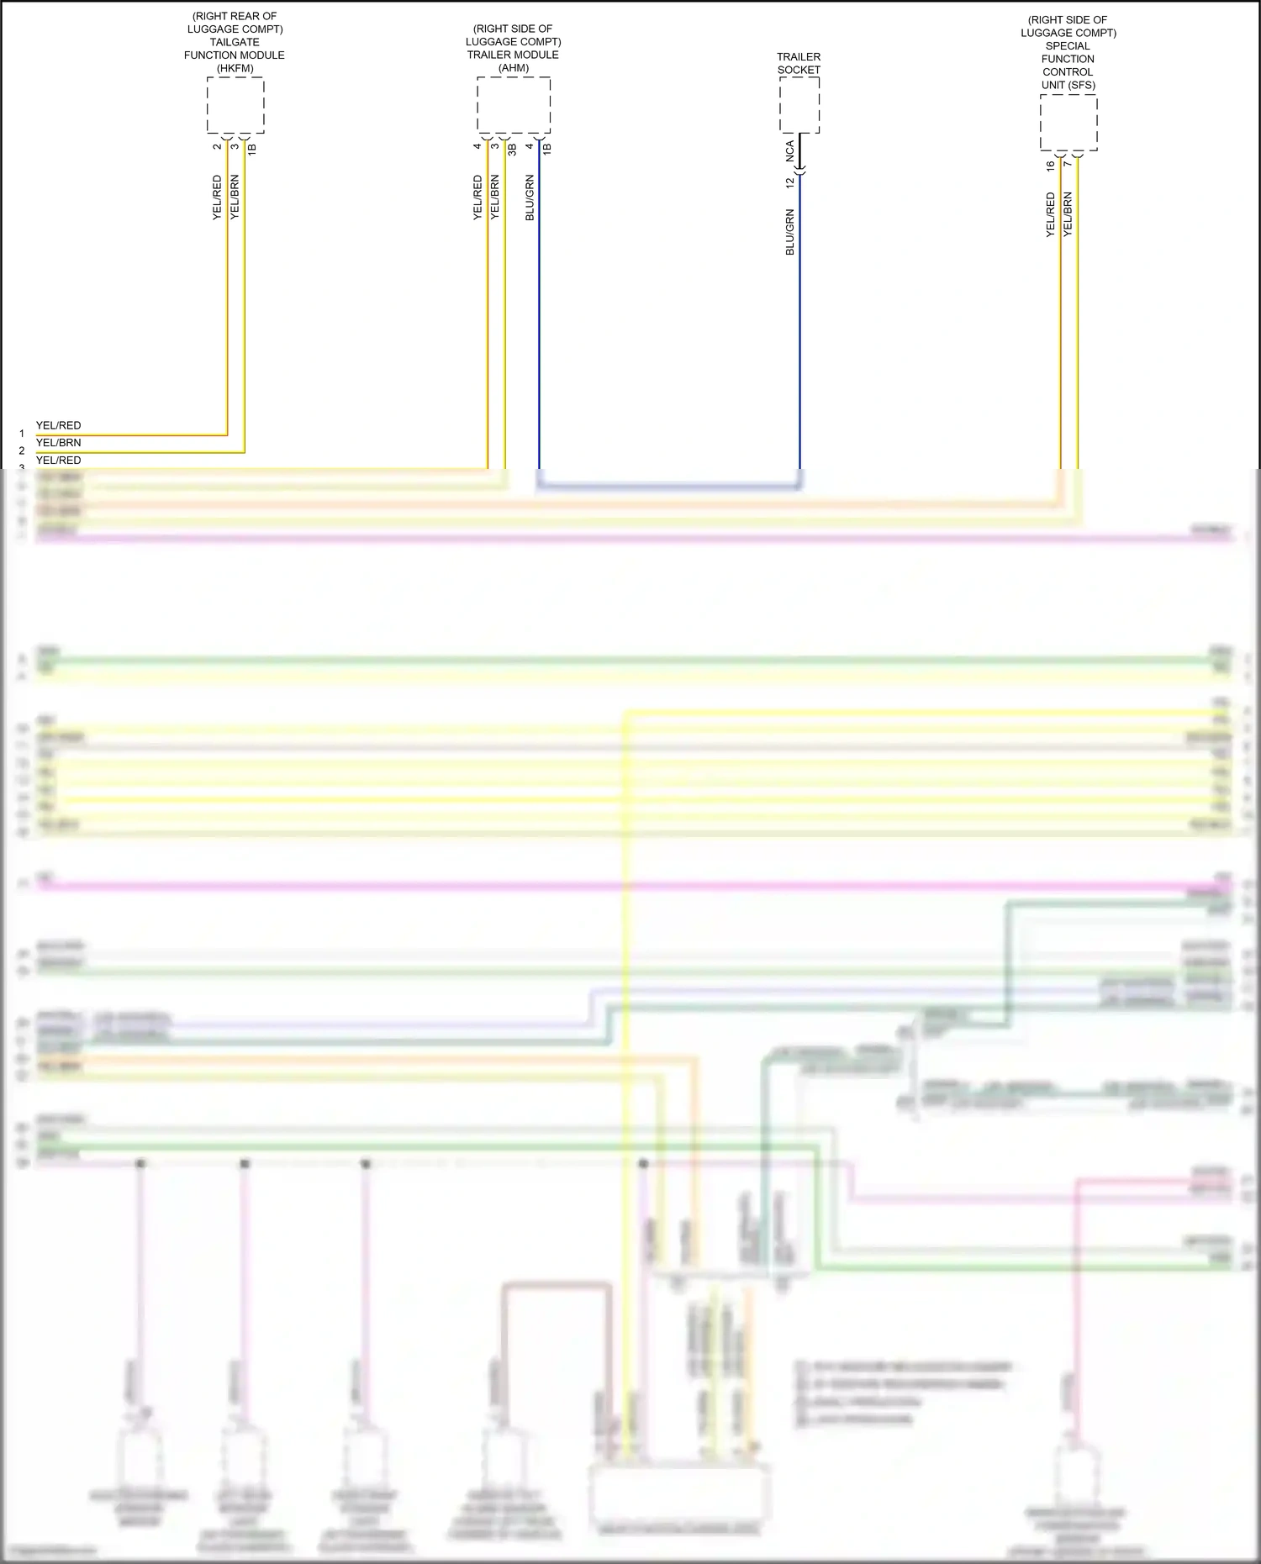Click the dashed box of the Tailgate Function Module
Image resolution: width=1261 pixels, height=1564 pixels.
(235, 105)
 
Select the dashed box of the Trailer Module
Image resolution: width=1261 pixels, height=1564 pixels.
(514, 105)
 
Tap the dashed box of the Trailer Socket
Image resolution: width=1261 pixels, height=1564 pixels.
(799, 105)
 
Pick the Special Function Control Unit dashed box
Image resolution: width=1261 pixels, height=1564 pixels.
(1068, 123)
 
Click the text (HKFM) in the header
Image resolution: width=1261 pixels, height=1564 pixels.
(235, 68)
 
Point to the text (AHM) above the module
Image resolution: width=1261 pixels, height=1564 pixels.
(514, 68)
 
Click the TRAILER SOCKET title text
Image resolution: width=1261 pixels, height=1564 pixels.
(799, 63)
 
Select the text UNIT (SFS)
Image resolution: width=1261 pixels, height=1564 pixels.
(1068, 85)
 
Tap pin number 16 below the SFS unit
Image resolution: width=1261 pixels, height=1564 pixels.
(1051, 166)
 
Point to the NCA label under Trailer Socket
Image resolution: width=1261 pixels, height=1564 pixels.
(790, 151)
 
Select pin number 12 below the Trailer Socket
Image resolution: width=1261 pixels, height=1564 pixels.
(790, 182)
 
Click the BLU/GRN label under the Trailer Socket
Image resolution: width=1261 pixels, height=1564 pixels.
(790, 232)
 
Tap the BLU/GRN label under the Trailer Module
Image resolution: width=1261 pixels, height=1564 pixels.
(530, 198)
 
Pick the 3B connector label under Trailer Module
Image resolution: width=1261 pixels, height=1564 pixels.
(512, 149)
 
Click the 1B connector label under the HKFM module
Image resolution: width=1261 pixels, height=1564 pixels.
(251, 149)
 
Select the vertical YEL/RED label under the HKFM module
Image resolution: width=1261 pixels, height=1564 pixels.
(217, 198)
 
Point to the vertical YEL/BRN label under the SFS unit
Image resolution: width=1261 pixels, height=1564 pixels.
(1068, 214)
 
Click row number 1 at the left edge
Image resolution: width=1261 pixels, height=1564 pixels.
(22, 434)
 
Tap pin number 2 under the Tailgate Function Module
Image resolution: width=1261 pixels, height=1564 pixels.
(217, 147)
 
